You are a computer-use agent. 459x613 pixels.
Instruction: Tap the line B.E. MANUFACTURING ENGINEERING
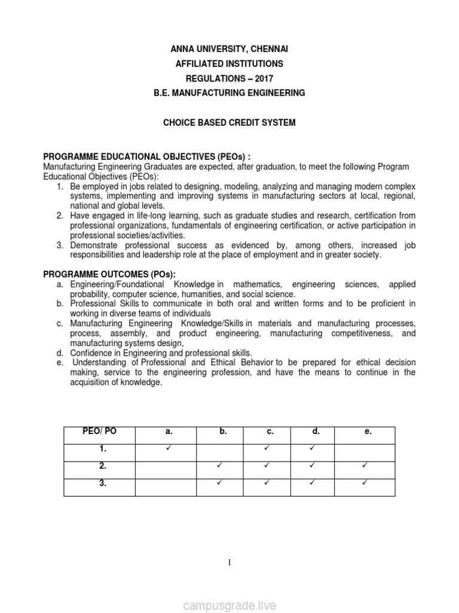point(229,93)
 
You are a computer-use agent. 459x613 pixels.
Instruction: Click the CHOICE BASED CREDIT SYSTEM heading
point(229,123)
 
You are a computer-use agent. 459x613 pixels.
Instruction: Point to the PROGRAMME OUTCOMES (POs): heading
point(109,274)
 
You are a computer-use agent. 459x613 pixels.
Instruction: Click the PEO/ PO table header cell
point(99,432)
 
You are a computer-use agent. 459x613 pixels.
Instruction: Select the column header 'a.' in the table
point(169,432)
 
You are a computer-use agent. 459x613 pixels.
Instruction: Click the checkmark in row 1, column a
point(169,448)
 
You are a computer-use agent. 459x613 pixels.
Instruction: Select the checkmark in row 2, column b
point(219,465)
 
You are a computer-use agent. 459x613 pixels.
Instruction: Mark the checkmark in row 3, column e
point(365,482)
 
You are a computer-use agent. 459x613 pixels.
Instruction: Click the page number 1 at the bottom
point(229,562)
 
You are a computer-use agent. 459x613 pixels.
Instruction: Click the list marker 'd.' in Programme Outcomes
point(60,353)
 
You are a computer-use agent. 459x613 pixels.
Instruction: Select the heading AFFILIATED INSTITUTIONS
point(229,63)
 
